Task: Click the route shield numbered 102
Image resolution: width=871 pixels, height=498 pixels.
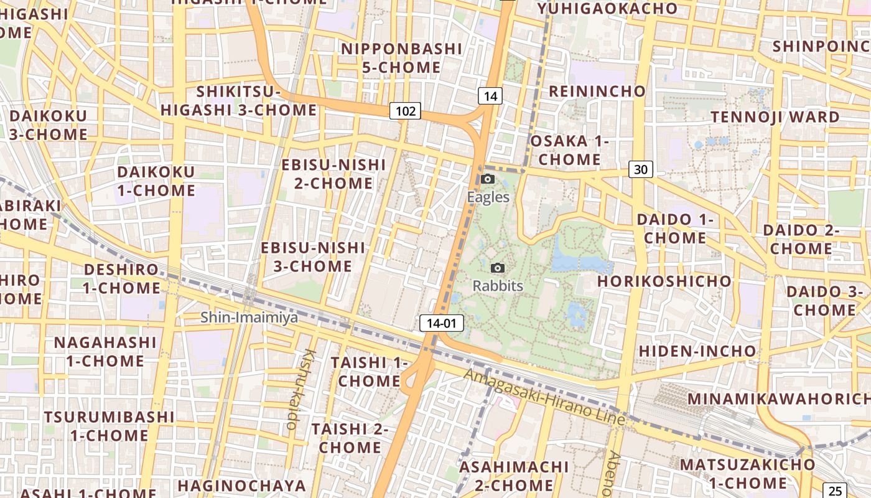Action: (x=406, y=111)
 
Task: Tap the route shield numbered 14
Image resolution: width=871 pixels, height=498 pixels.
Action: (x=490, y=96)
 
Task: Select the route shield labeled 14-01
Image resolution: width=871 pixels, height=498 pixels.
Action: (x=442, y=323)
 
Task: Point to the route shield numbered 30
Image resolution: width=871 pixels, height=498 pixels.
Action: (x=641, y=169)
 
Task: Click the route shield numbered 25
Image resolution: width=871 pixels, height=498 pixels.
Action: (x=835, y=491)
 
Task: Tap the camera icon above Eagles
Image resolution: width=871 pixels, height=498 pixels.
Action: (x=488, y=179)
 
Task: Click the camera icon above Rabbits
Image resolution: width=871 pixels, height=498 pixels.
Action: (x=498, y=268)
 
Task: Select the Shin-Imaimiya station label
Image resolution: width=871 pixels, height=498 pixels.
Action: (x=249, y=317)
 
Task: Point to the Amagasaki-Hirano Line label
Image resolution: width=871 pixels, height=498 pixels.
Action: (x=544, y=397)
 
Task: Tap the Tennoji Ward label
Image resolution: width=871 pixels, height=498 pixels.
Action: (x=775, y=117)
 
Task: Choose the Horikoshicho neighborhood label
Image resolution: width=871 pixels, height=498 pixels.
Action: (x=664, y=281)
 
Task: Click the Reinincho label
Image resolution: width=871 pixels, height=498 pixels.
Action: (x=597, y=92)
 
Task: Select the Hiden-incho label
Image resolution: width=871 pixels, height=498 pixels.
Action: (x=697, y=351)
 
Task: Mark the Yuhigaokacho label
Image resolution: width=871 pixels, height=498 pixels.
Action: (x=607, y=8)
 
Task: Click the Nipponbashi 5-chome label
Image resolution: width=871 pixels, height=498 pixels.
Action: (x=402, y=58)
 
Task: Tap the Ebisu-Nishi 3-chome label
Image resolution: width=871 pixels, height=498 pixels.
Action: (x=313, y=256)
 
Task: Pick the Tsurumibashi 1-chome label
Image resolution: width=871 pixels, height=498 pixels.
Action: (x=109, y=426)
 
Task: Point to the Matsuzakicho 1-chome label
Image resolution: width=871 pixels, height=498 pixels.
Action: (x=747, y=474)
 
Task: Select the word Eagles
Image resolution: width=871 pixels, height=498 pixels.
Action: (x=488, y=197)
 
